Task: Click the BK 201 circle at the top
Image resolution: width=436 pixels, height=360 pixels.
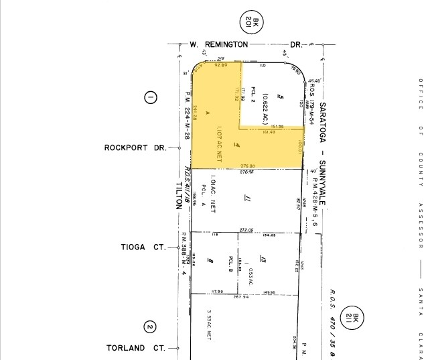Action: pyautogui.click(x=255, y=25)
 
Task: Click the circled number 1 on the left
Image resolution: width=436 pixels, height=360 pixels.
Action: pyautogui.click(x=150, y=98)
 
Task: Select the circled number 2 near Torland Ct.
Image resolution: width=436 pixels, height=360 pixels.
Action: pyautogui.click(x=150, y=327)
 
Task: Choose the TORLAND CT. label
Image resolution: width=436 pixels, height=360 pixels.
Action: pyautogui.click(x=136, y=348)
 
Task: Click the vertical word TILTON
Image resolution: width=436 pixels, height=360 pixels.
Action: pyautogui.click(x=179, y=194)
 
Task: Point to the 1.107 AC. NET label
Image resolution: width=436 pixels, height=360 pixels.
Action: pyautogui.click(x=219, y=140)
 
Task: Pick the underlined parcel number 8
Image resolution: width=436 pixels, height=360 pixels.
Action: pyautogui.click(x=210, y=260)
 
